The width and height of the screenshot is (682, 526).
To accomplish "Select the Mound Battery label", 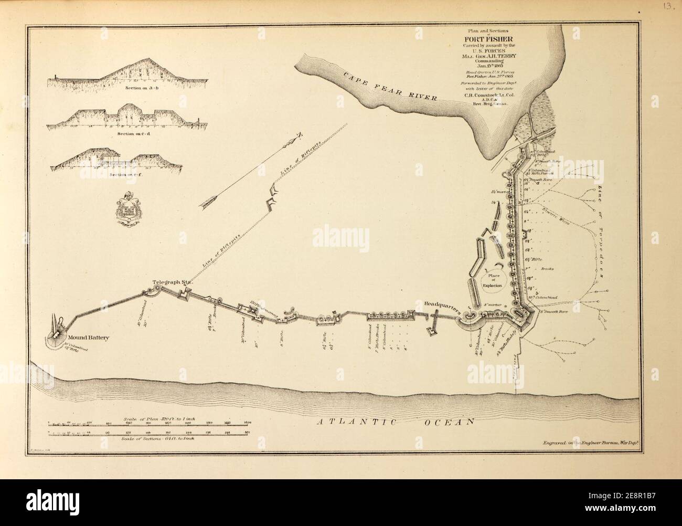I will pos(88,338).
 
